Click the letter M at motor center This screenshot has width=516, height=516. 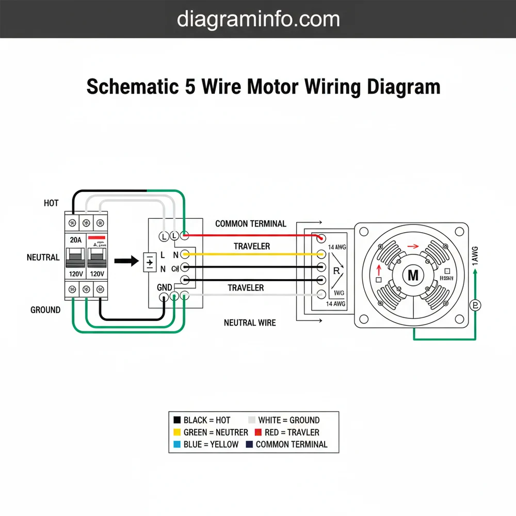click(413, 276)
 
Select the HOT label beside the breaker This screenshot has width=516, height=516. click(51, 203)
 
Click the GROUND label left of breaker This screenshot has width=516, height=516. click(45, 310)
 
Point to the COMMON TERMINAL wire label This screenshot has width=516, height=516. click(250, 224)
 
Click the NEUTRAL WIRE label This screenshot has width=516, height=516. click(250, 323)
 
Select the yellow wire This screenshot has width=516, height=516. click(253, 254)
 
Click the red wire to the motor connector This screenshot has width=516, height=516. click(253, 235)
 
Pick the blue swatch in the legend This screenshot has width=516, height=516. click(177, 444)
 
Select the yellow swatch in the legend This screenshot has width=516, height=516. click(177, 432)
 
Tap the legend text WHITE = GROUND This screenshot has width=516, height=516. click(288, 421)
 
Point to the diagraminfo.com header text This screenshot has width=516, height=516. click(258, 19)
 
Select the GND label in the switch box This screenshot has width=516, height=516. click(164, 287)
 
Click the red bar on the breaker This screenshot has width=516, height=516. click(96, 239)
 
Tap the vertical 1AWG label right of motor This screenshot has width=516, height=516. click(475, 255)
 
